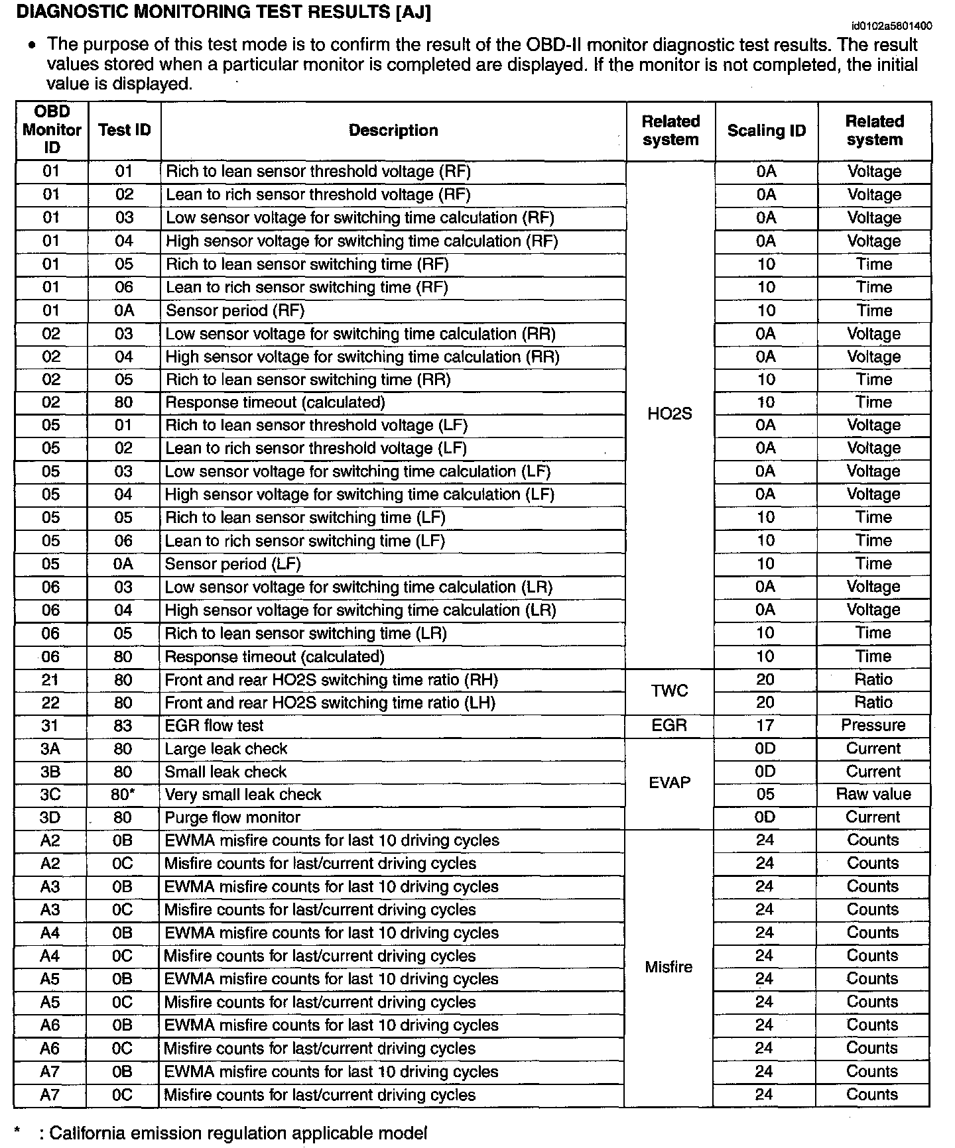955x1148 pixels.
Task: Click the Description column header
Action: (393, 131)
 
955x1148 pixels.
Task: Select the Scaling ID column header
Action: (766, 131)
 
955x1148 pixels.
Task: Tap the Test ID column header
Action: (124, 131)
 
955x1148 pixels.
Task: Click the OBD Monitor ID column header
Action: (52, 130)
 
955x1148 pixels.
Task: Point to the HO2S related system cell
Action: (669, 414)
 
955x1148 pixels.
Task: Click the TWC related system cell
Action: (669, 691)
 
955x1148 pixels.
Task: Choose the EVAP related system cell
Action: (669, 783)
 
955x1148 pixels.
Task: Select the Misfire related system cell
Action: (668, 967)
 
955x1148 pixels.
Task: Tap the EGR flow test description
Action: (214, 726)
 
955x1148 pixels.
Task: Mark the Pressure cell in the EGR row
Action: (873, 725)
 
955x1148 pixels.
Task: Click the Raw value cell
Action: (873, 794)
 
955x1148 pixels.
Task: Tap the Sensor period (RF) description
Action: (235, 310)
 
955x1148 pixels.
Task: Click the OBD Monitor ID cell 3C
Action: (50, 795)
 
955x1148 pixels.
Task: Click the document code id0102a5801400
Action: (891, 26)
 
